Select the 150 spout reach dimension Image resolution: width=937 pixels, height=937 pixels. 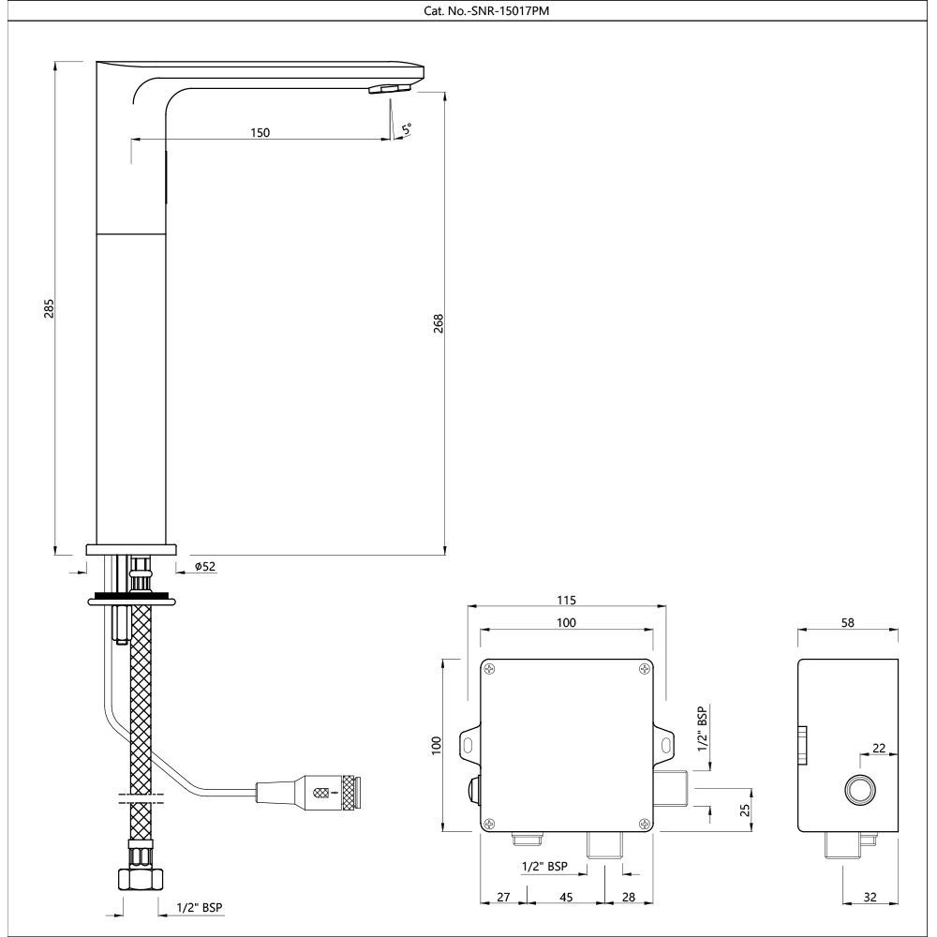(x=260, y=132)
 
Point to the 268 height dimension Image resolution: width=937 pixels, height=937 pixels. (x=438, y=322)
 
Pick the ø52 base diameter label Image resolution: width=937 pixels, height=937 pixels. (x=205, y=566)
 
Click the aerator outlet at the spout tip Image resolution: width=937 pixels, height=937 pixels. (x=389, y=88)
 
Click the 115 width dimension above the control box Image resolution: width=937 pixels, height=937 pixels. (x=566, y=600)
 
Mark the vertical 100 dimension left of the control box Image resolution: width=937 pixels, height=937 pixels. (x=434, y=745)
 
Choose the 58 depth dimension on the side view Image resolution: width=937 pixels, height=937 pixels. (x=848, y=622)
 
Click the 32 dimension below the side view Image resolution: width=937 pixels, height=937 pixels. (x=870, y=897)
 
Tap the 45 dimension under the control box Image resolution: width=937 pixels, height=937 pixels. (x=566, y=897)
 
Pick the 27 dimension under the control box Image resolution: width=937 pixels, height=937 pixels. (x=503, y=897)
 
